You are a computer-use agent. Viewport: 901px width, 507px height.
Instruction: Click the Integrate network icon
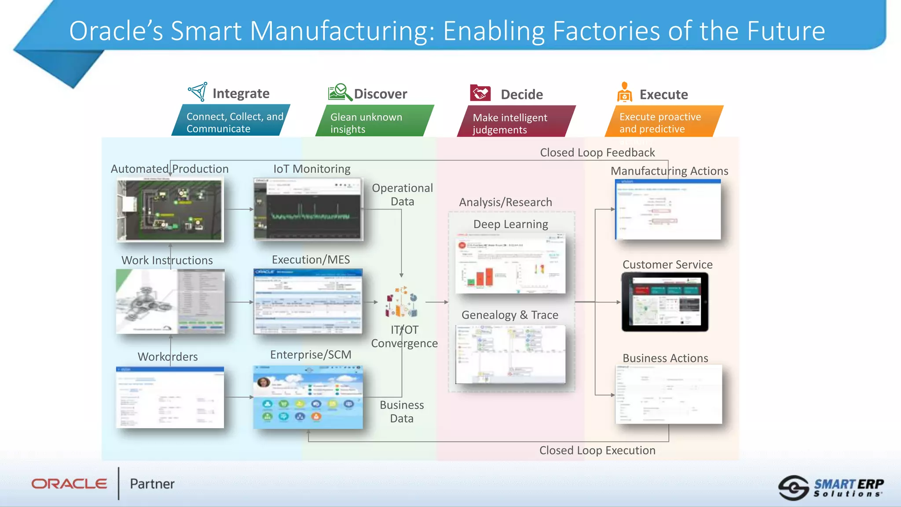pos(198,92)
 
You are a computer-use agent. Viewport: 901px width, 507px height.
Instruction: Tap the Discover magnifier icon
pos(340,92)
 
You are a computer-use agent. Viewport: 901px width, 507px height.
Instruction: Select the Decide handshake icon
pos(480,93)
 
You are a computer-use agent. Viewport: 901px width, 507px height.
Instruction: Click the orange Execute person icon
pos(624,92)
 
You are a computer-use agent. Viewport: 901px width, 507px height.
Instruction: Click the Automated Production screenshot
pos(170,210)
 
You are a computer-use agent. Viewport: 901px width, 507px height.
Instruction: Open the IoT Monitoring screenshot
pos(308,209)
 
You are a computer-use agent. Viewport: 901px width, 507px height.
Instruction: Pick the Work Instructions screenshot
pos(170,301)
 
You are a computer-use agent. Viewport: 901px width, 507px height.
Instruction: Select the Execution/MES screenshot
pos(308,301)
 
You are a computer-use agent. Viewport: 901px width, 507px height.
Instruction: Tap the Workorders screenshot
pos(170,397)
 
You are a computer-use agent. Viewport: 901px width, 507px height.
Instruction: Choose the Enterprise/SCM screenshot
pos(308,397)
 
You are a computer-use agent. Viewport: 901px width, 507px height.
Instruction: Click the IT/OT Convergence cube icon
pos(401,302)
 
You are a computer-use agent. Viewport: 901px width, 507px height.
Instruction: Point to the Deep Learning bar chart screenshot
pos(510,263)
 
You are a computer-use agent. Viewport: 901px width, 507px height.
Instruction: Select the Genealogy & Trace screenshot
pos(510,354)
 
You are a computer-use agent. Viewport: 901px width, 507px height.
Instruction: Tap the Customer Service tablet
pos(665,302)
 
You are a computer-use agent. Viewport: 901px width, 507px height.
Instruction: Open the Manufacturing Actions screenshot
pos(668,209)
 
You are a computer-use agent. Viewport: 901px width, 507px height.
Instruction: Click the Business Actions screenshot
pos(668,394)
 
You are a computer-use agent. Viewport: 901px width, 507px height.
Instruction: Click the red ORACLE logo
pos(69,484)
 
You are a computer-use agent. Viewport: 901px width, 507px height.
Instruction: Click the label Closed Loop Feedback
pos(597,153)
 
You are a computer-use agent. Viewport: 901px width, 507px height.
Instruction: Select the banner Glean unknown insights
pos(374,123)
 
